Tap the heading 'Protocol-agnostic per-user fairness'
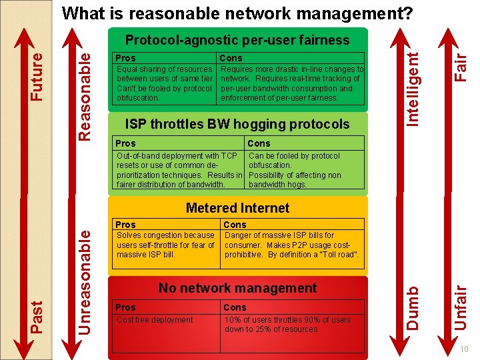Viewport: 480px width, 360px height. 237,41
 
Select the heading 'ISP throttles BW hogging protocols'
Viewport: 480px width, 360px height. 237,124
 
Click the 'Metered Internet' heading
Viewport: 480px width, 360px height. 237,208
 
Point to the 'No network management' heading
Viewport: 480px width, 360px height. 237,288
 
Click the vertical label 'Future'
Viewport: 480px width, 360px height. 38,77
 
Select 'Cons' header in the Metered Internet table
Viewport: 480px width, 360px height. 235,225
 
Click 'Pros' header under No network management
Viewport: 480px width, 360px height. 125,307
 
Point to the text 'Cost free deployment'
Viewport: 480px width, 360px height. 155,320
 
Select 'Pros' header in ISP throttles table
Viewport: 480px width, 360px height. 125,143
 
